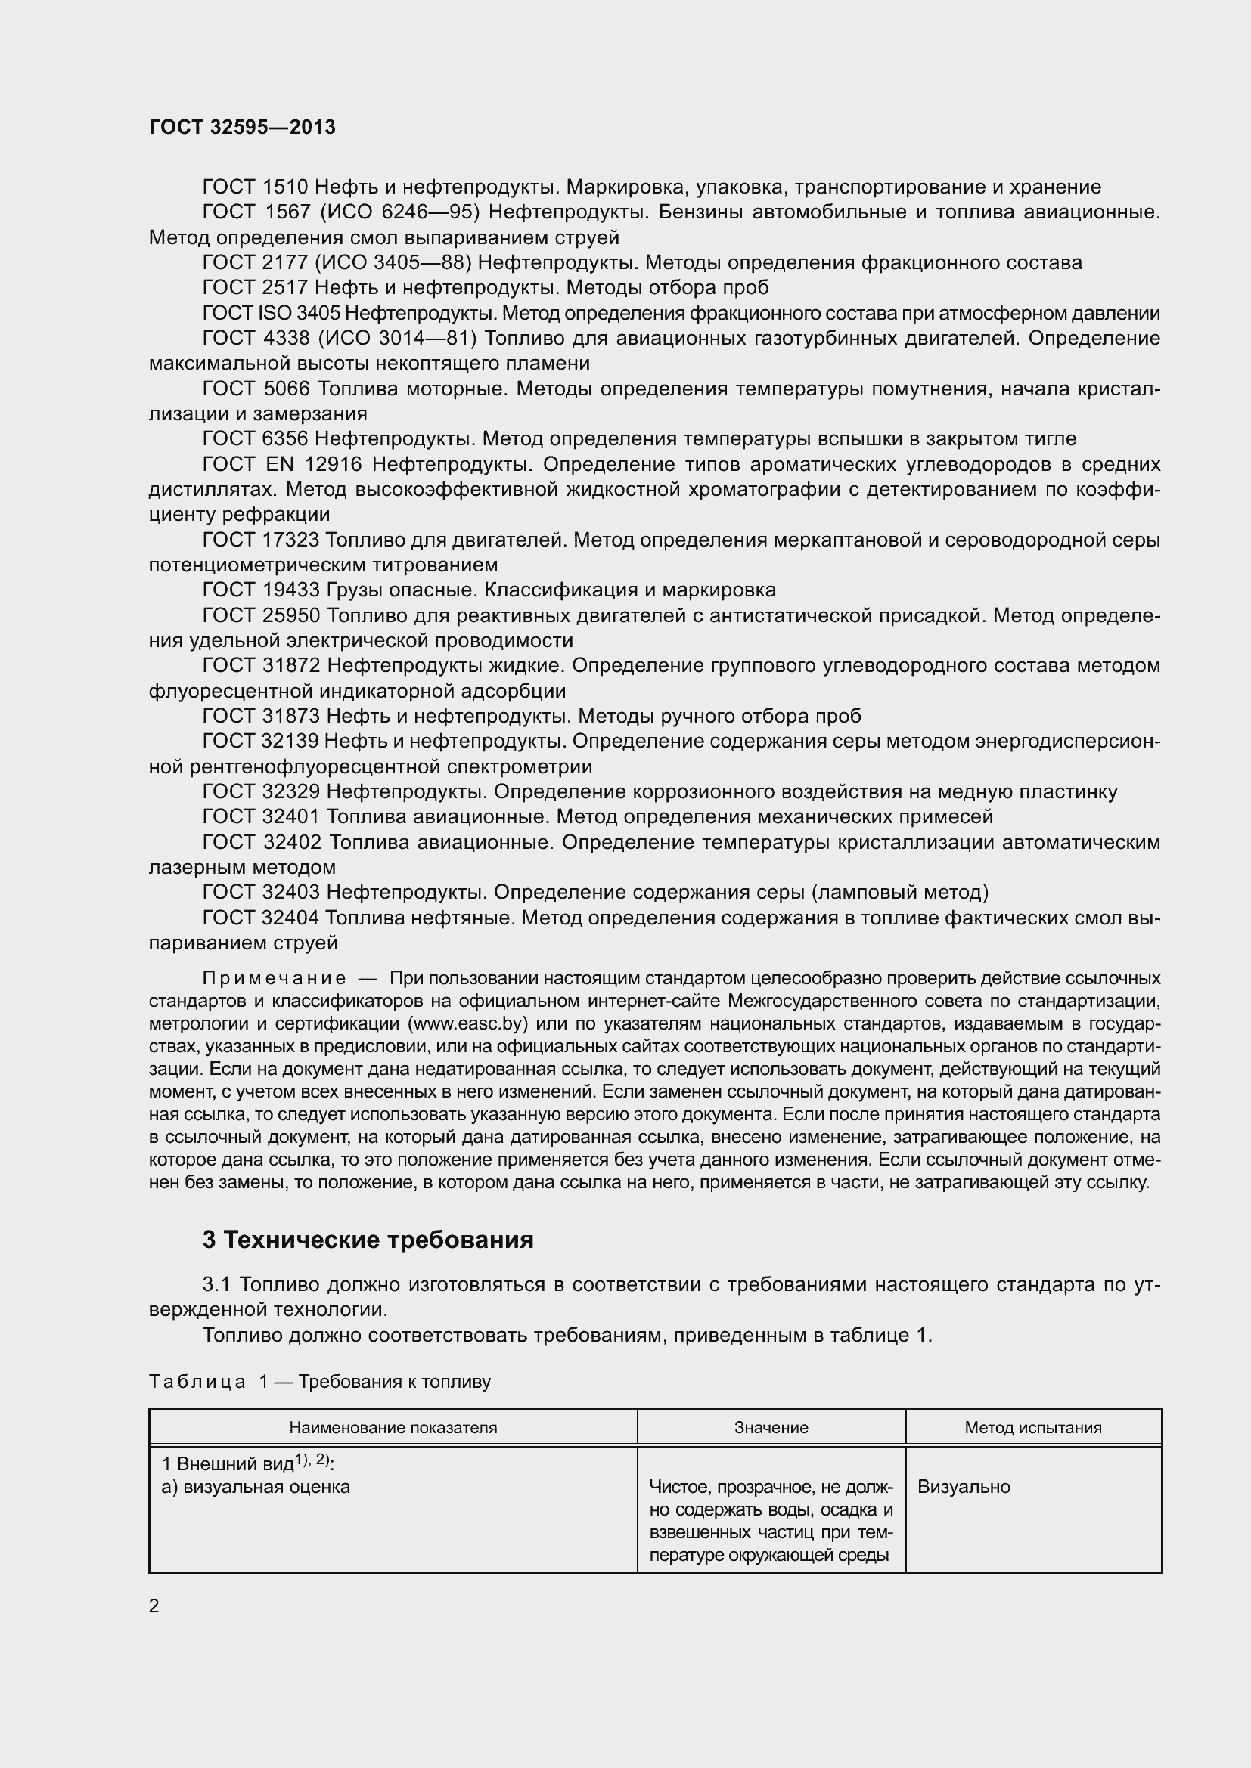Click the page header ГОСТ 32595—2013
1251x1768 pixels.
[x=242, y=127]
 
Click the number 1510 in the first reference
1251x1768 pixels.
[x=285, y=187]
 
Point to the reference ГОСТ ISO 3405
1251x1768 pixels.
[x=272, y=314]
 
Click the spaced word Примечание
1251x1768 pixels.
[x=274, y=978]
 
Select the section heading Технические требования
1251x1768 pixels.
[x=380, y=1240]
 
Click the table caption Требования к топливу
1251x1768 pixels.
[x=394, y=1382]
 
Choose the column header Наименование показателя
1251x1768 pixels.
[x=393, y=1427]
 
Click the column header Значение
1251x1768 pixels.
[x=770, y=1427]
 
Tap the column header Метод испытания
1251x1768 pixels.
[x=1032, y=1427]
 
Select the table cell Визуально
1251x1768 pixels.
[x=963, y=1486]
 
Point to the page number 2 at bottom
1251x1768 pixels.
[x=154, y=1605]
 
